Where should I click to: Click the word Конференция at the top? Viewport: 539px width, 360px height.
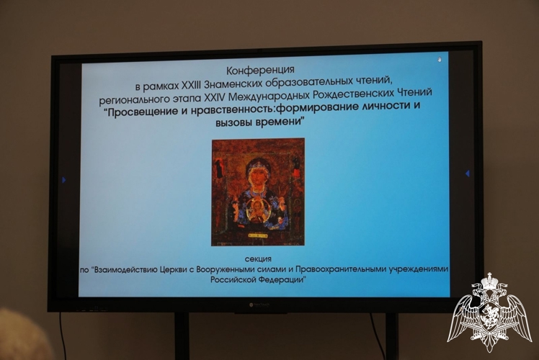coord(260,70)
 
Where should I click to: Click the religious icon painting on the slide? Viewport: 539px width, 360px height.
coord(257,192)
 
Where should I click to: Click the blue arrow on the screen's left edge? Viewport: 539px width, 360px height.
coord(63,179)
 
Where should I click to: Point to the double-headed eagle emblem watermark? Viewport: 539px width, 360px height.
coord(490,312)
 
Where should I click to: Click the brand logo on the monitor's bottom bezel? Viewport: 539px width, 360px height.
coord(257,306)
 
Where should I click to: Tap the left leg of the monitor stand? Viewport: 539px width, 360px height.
coord(182,336)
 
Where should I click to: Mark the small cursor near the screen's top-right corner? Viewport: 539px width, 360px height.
coord(440,60)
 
